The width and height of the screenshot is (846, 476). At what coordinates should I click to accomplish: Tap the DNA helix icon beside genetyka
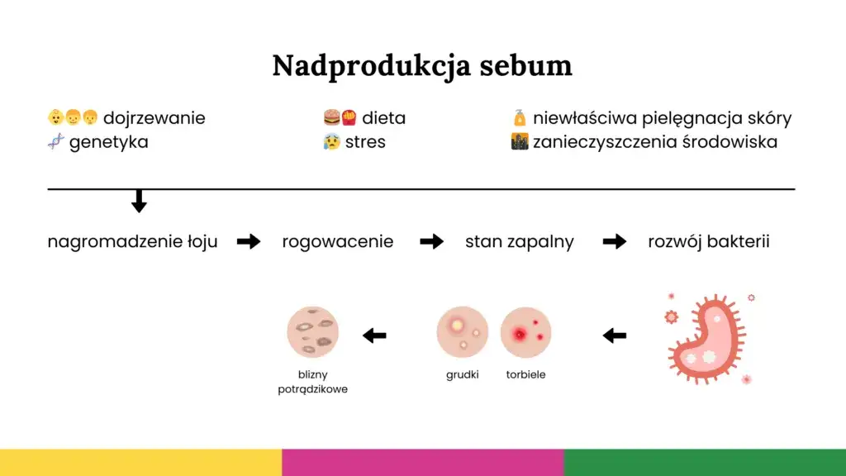55,141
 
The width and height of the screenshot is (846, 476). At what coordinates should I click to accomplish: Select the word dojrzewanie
154,118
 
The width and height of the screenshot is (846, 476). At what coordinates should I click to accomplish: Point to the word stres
365,142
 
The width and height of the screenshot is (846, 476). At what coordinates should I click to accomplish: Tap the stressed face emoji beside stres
331,142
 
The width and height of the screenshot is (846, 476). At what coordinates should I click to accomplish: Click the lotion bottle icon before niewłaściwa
520,118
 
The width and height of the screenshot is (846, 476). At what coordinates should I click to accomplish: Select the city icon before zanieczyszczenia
520,142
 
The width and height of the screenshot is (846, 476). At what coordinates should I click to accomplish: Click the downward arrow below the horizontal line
139,201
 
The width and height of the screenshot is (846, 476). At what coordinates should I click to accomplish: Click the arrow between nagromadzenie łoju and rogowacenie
249,241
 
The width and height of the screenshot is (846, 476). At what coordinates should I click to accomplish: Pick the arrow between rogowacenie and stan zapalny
431,241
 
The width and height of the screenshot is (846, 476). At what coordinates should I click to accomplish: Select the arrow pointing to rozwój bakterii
614,241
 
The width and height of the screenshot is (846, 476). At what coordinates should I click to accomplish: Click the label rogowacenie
337,242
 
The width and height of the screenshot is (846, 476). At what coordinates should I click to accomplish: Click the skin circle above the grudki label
462,332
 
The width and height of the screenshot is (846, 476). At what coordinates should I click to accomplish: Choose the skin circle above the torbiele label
525,332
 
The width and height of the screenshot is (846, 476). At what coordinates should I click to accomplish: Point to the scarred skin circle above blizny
312,332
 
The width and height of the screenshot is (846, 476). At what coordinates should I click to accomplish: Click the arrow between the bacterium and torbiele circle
614,336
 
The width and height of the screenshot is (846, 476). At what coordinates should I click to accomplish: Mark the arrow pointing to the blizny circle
374,336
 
